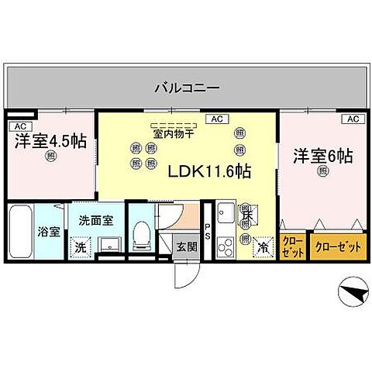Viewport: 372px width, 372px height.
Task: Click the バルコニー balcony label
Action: (x=187, y=87)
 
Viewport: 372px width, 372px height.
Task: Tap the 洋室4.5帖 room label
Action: (x=48, y=143)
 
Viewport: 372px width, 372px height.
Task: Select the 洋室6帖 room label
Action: (x=322, y=156)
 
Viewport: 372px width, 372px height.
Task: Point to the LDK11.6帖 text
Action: (x=208, y=170)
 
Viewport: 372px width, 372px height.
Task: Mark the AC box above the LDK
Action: (x=216, y=119)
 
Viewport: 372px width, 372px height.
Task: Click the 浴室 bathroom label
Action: (x=49, y=231)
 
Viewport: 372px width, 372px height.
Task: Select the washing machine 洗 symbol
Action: (x=79, y=247)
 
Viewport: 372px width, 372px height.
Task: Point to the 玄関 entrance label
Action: (x=185, y=246)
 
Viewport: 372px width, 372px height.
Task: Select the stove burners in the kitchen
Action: (x=226, y=248)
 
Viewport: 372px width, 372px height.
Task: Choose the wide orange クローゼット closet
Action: (x=338, y=247)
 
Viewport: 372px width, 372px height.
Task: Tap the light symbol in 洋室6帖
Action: (x=322, y=173)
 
